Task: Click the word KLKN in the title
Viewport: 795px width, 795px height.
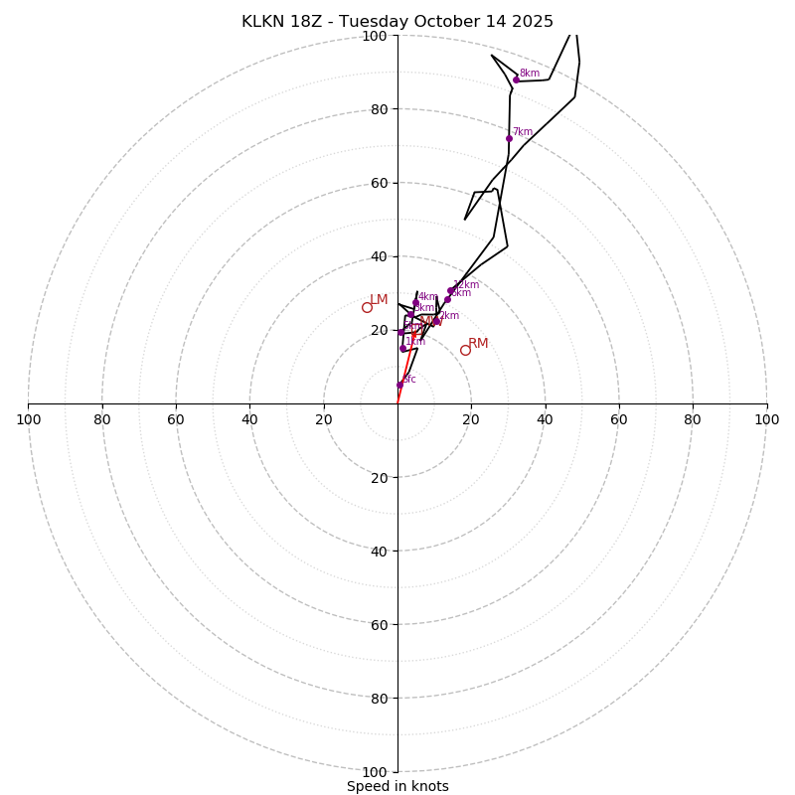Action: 262,22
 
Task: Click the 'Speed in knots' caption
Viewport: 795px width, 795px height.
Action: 397,786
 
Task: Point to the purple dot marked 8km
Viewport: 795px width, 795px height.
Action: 516,79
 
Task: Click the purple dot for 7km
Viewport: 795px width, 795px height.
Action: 509,138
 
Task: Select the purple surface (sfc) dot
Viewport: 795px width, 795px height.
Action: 400,385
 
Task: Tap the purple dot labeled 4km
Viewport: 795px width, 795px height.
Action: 415,302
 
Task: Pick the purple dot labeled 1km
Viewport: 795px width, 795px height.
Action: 402,349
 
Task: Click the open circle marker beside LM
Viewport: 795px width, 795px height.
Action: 367,308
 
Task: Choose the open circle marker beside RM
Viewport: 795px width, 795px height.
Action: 465,350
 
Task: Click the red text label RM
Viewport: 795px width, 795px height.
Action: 478,344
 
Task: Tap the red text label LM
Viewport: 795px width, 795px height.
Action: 379,300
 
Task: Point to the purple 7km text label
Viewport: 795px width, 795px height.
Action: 523,132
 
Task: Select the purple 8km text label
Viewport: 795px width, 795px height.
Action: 530,74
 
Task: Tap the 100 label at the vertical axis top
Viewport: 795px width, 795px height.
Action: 374,36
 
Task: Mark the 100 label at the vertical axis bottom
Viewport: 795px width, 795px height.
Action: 374,772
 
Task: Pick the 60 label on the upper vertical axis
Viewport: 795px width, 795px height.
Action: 378,183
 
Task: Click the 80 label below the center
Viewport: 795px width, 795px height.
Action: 378,699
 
